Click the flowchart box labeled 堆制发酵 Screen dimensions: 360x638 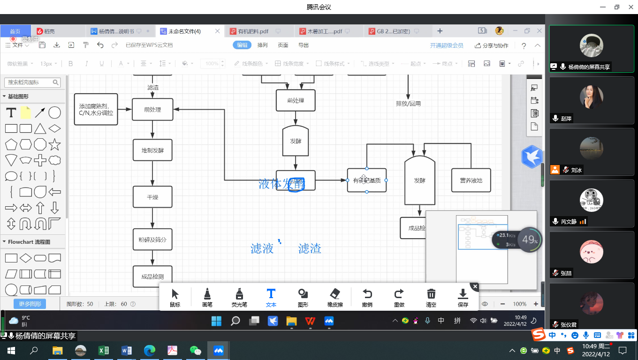(152, 150)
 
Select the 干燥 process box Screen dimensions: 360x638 (152, 197)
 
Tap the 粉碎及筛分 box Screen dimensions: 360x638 (152, 240)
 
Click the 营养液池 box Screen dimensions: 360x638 (471, 180)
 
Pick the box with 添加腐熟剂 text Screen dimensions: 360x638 (96, 109)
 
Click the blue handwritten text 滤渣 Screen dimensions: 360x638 (310, 248)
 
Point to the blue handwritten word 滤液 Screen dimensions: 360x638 (262, 248)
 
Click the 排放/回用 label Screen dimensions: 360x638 (408, 104)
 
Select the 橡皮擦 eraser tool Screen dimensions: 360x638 (335, 298)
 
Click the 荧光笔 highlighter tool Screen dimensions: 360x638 (239, 298)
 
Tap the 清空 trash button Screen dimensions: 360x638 (431, 298)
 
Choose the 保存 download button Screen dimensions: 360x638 (463, 298)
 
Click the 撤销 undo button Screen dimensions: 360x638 (367, 298)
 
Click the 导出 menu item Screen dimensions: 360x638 (304, 45)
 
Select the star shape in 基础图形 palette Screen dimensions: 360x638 (54, 144)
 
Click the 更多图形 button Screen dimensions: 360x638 (30, 304)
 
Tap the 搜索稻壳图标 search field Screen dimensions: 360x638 (31, 82)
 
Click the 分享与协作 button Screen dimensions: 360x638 (492, 45)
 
